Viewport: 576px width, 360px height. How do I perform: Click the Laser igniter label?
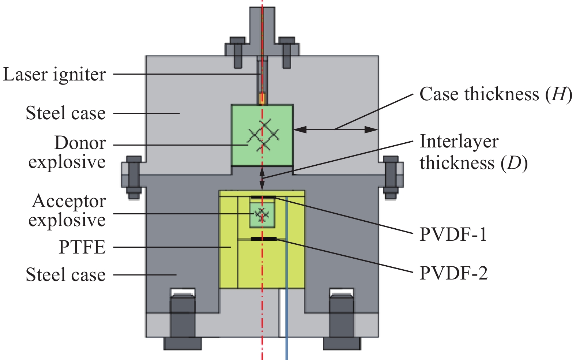(x=54, y=75)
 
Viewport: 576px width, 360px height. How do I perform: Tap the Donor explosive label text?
(x=67, y=152)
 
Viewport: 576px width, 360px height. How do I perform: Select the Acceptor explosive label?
(x=67, y=210)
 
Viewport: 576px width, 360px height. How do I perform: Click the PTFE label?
(x=82, y=247)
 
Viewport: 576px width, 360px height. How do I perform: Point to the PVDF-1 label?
(x=453, y=234)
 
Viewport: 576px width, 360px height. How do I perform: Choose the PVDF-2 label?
(x=454, y=273)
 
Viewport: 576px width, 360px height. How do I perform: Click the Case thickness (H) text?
(x=496, y=94)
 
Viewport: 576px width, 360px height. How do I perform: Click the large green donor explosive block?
(x=262, y=135)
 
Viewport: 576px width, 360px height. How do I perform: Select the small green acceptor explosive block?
(x=262, y=215)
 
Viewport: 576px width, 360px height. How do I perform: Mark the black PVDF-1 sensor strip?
(x=263, y=197)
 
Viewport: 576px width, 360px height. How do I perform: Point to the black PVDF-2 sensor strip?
(x=264, y=239)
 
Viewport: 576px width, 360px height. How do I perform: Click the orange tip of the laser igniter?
(x=262, y=98)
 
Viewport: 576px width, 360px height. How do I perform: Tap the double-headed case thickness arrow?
(x=336, y=130)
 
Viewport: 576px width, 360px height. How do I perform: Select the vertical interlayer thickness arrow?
(x=262, y=179)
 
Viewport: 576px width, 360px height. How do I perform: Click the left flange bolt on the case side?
(x=134, y=177)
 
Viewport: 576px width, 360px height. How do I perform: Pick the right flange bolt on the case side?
(x=391, y=177)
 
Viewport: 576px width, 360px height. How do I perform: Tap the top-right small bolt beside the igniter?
(x=287, y=53)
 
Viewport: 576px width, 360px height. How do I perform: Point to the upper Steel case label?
(x=66, y=113)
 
